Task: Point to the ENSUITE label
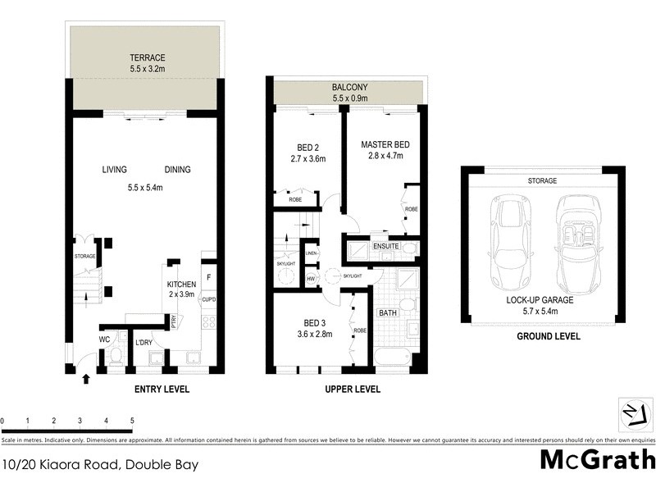tap(385, 245)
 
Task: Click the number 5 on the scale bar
tap(132, 421)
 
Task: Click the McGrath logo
tap(598, 460)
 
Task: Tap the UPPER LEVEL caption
tap(352, 389)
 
